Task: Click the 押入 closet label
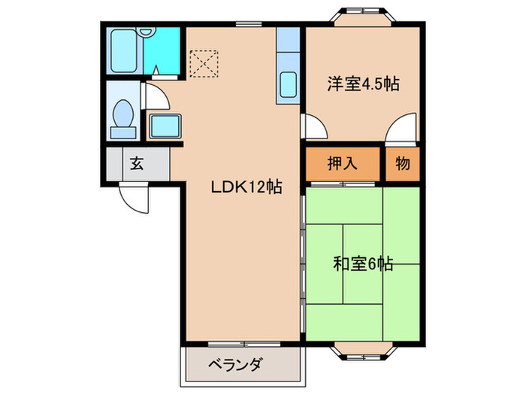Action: point(341,163)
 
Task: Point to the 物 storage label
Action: point(402,163)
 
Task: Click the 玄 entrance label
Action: point(137,163)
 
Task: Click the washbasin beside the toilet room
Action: point(165,126)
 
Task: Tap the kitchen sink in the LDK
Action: point(289,85)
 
